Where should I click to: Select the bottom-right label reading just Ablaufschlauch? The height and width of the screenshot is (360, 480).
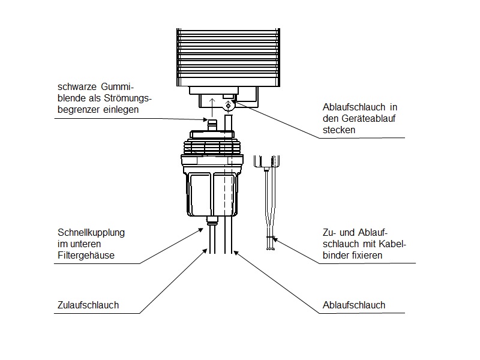(353, 305)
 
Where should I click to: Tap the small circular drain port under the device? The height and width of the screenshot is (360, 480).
(228, 105)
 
